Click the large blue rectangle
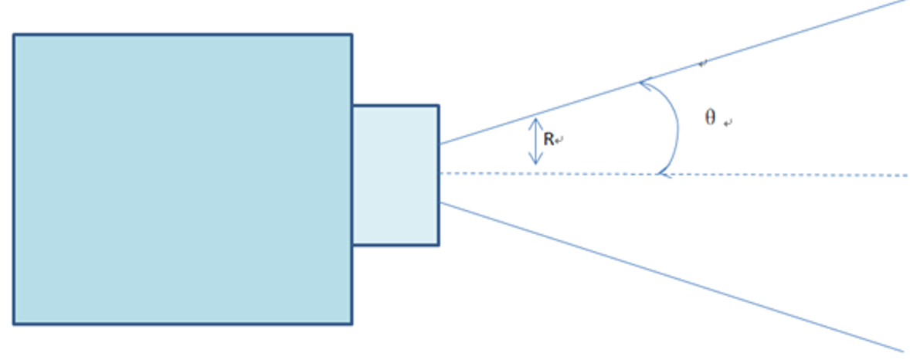182,179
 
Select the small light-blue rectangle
396,175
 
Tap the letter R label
548,140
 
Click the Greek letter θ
710,118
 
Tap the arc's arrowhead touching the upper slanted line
643,81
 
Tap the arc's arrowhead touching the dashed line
659,174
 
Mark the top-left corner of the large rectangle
14,35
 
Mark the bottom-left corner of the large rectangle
14,324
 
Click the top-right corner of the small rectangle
439,106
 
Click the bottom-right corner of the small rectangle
439,245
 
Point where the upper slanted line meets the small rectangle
440,144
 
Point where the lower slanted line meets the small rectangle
440,202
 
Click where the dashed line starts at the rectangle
440,173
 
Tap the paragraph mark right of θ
728,123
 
